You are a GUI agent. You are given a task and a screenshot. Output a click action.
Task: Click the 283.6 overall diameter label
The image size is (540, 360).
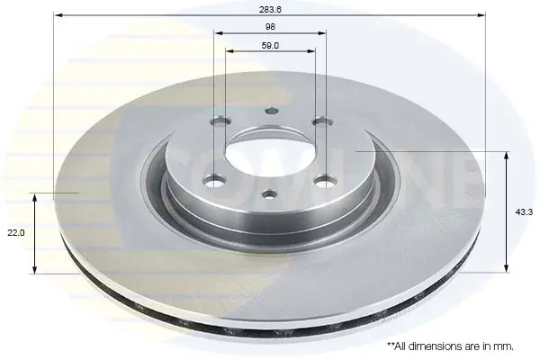[270, 9]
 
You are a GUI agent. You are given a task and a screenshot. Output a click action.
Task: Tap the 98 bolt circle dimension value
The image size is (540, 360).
[270, 26]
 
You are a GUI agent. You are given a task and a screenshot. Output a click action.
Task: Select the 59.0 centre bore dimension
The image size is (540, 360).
[270, 46]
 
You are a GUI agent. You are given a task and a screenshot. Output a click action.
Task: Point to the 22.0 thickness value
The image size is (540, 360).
[16, 232]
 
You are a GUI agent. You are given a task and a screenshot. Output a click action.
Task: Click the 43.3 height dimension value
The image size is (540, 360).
[524, 212]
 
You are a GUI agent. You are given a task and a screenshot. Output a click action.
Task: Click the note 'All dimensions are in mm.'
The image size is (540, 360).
[451, 346]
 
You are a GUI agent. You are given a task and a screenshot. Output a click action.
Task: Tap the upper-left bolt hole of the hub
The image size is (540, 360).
[220, 122]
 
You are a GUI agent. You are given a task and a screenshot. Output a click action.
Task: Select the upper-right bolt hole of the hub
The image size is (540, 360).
[322, 122]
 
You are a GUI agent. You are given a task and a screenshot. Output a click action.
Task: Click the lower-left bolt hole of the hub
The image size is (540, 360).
[214, 181]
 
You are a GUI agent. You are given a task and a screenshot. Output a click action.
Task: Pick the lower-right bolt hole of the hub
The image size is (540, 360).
[326, 181]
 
